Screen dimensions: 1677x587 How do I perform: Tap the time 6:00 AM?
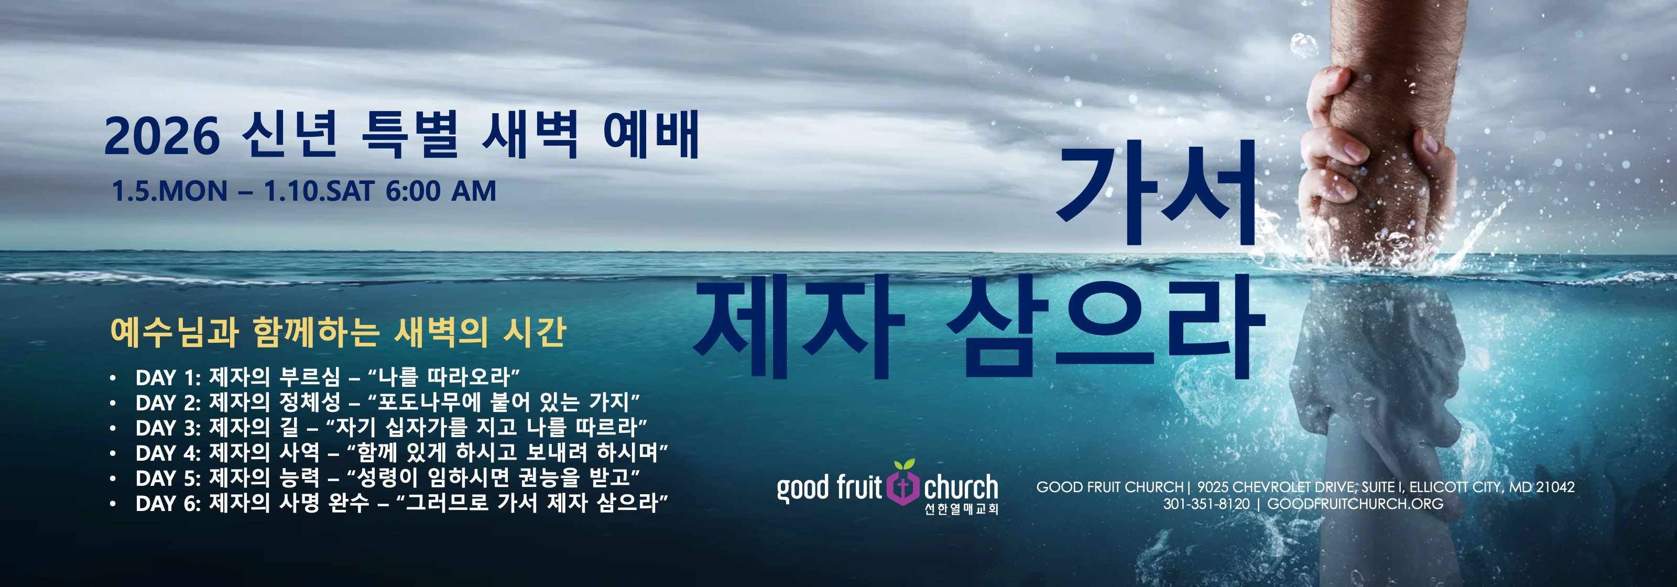441,191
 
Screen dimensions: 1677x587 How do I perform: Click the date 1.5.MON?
170,191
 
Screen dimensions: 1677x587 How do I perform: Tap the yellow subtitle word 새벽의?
441,332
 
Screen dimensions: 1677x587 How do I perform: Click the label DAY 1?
168,377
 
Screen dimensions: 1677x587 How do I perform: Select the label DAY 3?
168,428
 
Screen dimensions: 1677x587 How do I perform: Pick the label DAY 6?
168,504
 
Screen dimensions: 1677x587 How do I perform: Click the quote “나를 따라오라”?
443,377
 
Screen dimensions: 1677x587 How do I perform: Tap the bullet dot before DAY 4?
113,453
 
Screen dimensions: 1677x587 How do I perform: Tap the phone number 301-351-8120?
1206,504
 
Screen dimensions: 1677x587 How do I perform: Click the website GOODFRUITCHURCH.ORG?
1355,504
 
